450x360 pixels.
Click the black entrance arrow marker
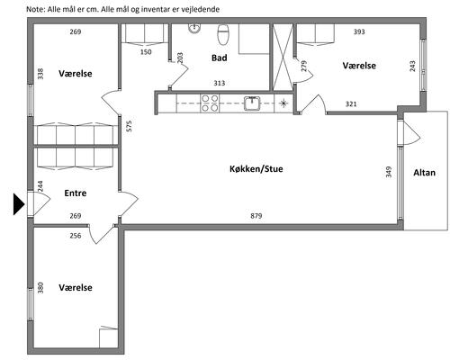[x=19, y=204]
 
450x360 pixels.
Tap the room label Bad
[x=219, y=58]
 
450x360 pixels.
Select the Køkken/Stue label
[x=256, y=169]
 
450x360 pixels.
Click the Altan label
[x=424, y=173]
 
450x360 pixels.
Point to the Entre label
[x=76, y=193]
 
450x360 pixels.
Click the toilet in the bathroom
[x=223, y=33]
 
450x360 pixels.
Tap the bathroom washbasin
[x=194, y=28]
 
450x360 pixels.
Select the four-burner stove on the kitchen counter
[x=210, y=103]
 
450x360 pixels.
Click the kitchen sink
[x=252, y=103]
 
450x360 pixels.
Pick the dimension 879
[x=256, y=216]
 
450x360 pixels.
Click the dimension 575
[x=129, y=126]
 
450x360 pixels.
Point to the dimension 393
[x=359, y=31]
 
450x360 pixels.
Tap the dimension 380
[x=40, y=288]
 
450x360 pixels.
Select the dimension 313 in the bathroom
[x=220, y=83]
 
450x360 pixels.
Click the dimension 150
[x=146, y=52]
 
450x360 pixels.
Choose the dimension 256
[x=76, y=236]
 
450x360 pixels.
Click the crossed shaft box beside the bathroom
[x=283, y=57]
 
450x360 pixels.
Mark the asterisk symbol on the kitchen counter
[x=283, y=103]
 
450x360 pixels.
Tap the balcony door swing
[x=412, y=133]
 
